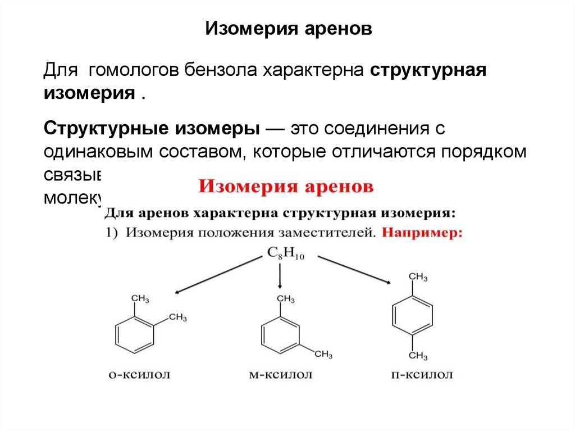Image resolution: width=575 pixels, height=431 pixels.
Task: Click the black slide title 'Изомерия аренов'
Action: pyautogui.click(x=287, y=29)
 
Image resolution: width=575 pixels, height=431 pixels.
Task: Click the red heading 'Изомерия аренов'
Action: pyautogui.click(x=286, y=187)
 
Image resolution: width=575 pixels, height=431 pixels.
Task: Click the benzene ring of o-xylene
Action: pyautogui.click(x=134, y=334)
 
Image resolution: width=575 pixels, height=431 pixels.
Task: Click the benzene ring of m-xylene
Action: pyautogui.click(x=279, y=335)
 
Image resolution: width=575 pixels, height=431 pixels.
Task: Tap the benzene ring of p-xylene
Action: pyautogui.click(x=413, y=316)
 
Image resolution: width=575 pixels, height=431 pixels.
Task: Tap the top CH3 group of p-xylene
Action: pyautogui.click(x=418, y=277)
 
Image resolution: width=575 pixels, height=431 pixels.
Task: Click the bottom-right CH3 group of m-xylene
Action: pyautogui.click(x=323, y=354)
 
